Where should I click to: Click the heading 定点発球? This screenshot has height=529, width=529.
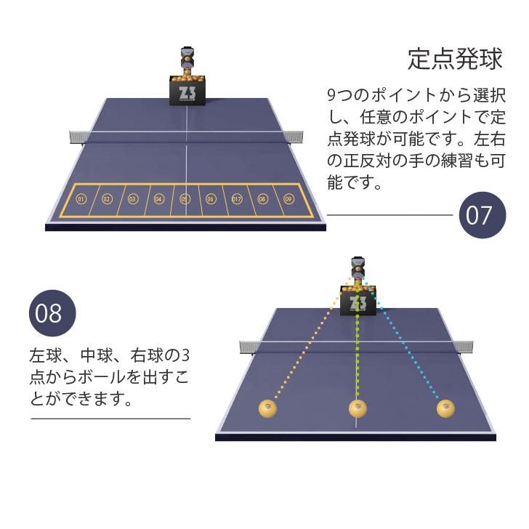click(455, 60)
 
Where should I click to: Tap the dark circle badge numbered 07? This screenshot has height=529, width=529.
click(482, 215)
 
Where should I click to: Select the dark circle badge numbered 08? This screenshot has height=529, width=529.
click(52, 313)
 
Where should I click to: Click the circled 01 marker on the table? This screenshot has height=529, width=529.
click(81, 199)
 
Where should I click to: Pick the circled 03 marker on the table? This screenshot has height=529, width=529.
click(132, 199)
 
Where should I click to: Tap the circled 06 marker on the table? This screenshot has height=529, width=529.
click(211, 199)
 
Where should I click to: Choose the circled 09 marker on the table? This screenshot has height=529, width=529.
click(288, 199)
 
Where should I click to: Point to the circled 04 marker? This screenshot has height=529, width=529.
click(158, 199)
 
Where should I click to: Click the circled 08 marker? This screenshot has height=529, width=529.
click(262, 199)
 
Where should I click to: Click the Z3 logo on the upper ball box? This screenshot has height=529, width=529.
click(187, 93)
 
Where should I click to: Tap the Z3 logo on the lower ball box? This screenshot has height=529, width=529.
click(358, 303)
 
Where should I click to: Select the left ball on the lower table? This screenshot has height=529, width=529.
click(268, 408)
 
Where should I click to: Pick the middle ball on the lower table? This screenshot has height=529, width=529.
click(358, 408)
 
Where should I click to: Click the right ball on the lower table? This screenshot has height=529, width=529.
click(445, 408)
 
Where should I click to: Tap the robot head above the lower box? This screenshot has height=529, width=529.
click(358, 268)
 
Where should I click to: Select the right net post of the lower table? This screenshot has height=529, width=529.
click(464, 347)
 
